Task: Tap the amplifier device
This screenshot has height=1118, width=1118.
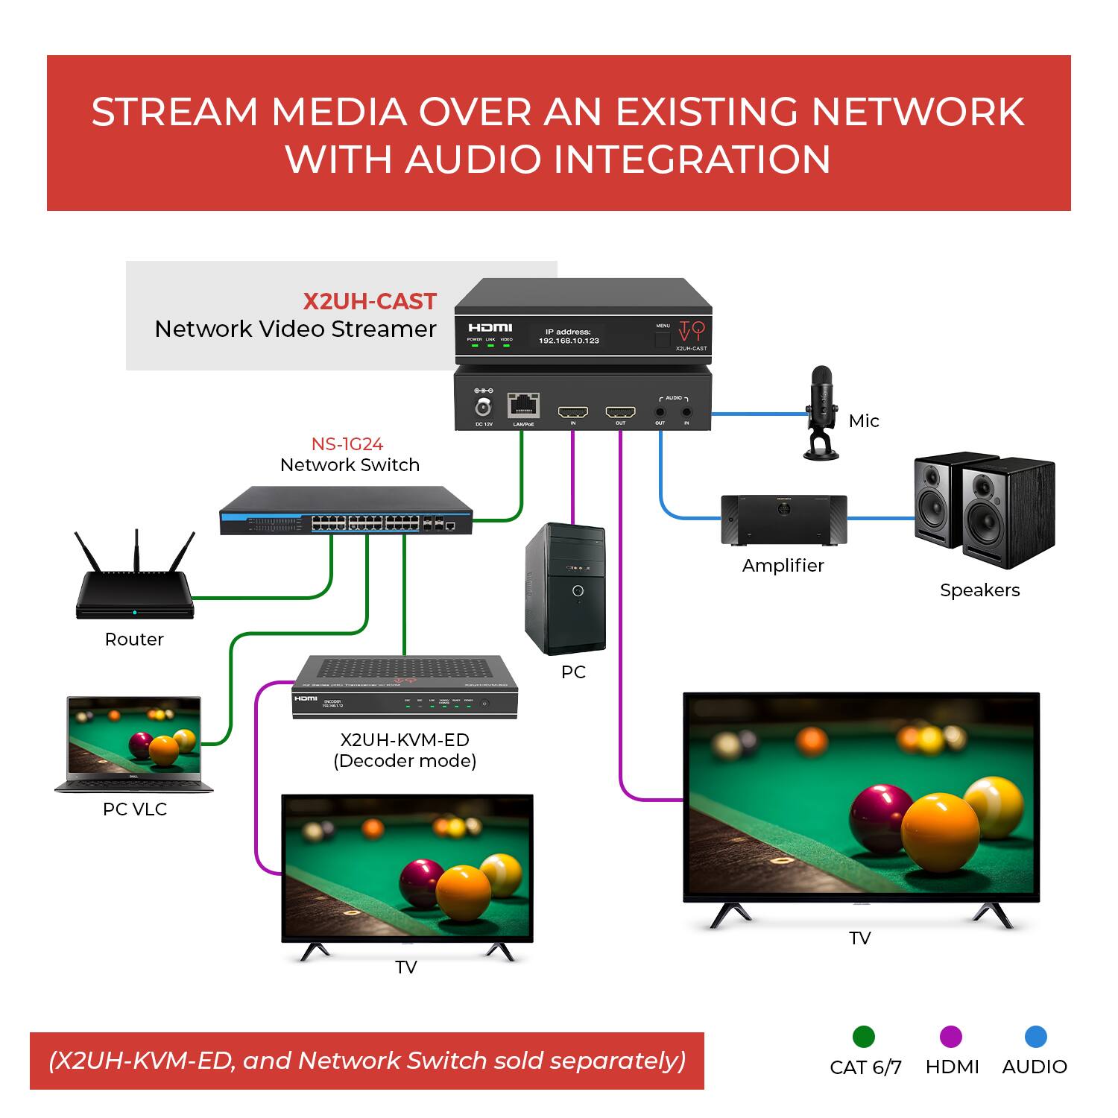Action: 783,519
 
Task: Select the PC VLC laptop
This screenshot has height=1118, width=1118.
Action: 134,743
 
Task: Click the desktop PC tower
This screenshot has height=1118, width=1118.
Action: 566,589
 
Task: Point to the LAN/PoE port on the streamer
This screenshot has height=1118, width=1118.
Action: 523,406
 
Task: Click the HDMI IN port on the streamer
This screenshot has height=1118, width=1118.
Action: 573,412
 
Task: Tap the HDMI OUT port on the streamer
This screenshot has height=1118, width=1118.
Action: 620,412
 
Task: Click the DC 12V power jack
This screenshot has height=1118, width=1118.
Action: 484,407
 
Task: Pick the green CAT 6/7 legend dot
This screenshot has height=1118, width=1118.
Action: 863,1037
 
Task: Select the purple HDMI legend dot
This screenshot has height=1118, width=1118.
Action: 951,1037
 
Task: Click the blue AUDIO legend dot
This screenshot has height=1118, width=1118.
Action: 1035,1037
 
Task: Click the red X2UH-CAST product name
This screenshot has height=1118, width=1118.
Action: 369,301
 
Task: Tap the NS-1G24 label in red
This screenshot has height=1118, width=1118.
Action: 347,444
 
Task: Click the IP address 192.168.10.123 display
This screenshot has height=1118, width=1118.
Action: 569,341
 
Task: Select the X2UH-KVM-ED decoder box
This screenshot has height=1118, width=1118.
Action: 405,687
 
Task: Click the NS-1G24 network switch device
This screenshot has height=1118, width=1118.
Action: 346,511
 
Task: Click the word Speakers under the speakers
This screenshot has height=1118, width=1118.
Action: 979,590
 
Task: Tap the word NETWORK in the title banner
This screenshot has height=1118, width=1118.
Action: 918,112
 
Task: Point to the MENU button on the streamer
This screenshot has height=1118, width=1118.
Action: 662,340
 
